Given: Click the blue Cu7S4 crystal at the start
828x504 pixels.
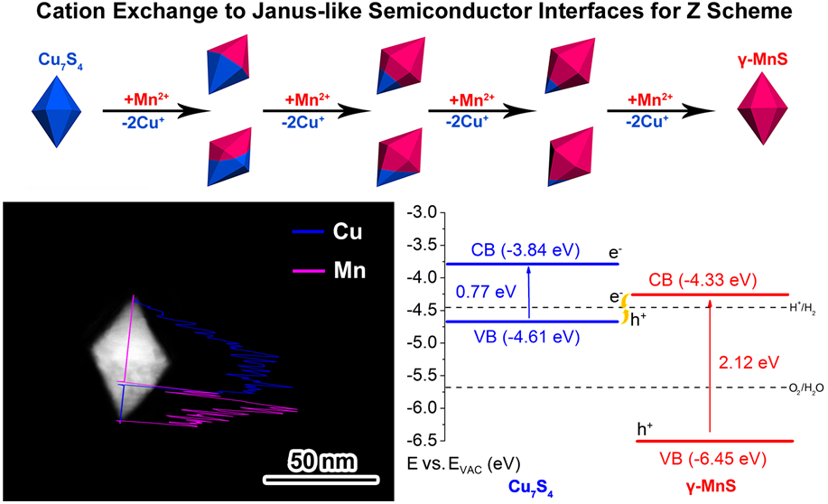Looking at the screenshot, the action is (57, 111).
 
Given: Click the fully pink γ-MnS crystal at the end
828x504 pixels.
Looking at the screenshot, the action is (762, 108).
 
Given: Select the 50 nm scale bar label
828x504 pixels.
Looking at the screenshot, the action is (322, 462).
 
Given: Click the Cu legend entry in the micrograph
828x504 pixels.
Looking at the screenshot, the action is (328, 231).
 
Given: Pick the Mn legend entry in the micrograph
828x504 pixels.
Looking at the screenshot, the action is (329, 270).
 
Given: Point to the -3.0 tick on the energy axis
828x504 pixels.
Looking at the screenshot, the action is (422, 213).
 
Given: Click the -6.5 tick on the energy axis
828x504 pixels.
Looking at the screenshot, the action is (422, 440).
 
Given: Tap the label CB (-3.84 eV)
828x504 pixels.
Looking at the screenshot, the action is (525, 250).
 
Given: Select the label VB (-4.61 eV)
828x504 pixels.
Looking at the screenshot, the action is (526, 337).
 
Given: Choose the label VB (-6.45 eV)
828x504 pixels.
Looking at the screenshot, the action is (713, 459).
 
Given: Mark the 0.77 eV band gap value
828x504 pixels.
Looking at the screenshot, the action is (486, 292).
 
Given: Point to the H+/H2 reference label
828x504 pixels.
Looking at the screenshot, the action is (802, 309).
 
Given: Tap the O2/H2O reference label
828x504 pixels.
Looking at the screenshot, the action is (805, 388).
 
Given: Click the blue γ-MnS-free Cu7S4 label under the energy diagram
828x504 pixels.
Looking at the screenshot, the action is (530, 487).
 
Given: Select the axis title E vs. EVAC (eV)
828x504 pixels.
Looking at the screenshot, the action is (463, 464).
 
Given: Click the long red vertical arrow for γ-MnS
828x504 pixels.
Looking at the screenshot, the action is (710, 366).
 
